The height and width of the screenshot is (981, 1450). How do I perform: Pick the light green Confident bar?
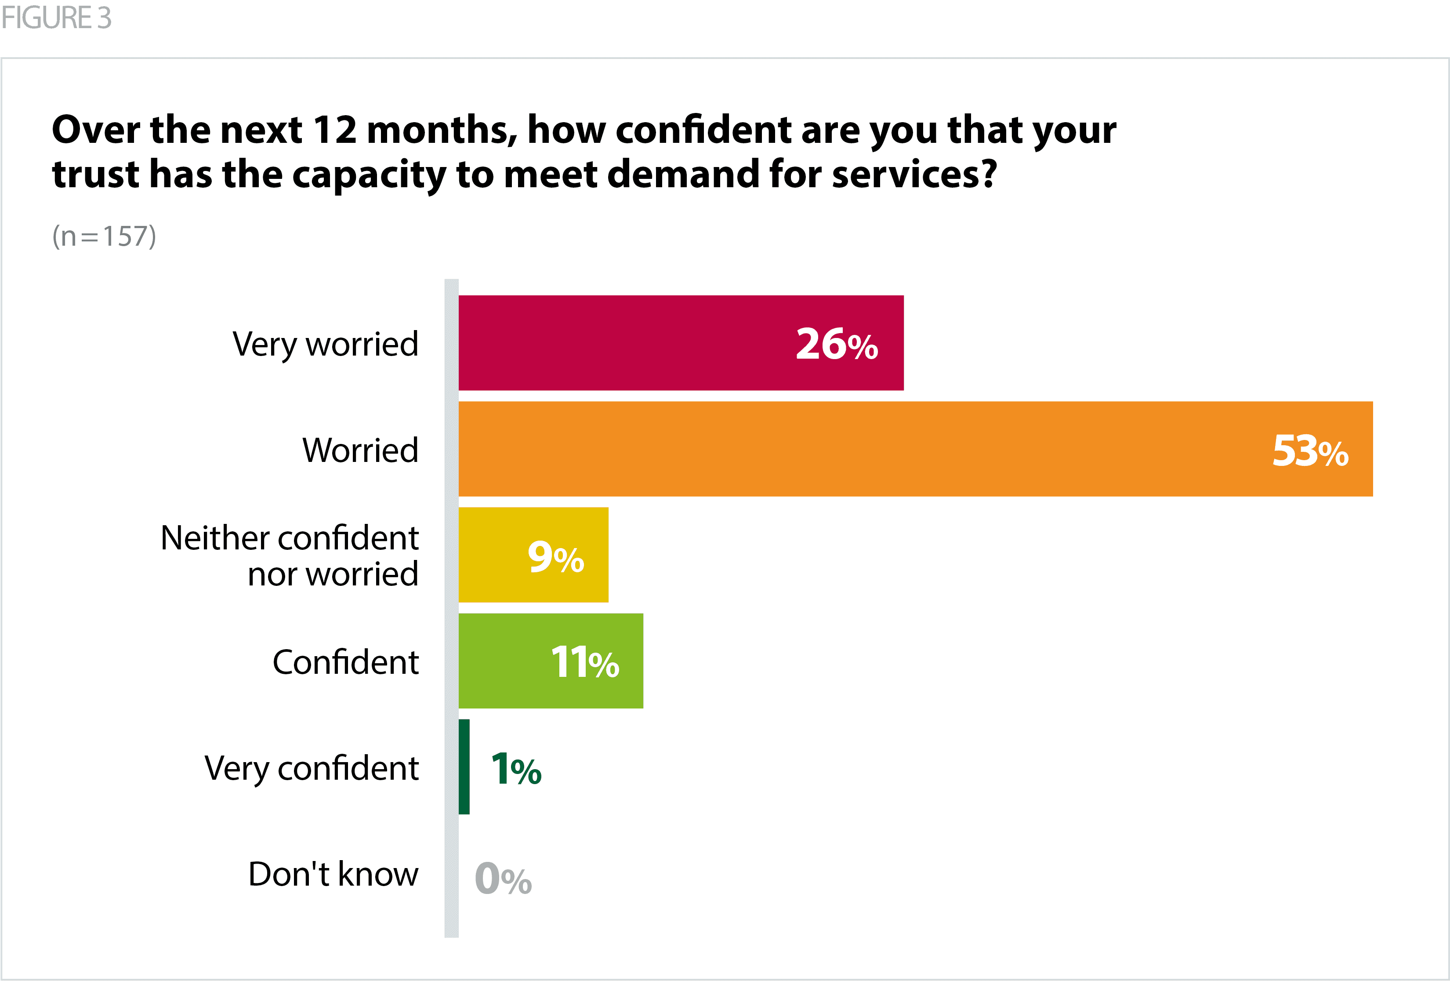(505, 661)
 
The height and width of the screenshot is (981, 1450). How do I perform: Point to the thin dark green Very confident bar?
(464, 767)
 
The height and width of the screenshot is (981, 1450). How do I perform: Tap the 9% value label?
(555, 557)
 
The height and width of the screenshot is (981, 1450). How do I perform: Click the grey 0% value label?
(503, 878)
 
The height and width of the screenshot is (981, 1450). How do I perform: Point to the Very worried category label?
(325, 344)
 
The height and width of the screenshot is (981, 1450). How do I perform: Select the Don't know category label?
(333, 874)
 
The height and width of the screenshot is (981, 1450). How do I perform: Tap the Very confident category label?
(312, 768)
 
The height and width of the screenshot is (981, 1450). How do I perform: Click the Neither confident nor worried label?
(290, 556)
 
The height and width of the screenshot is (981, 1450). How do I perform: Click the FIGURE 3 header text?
(56, 18)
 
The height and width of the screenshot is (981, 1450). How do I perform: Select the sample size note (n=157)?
(104, 236)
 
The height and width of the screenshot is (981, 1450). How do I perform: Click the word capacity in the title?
(369, 175)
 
